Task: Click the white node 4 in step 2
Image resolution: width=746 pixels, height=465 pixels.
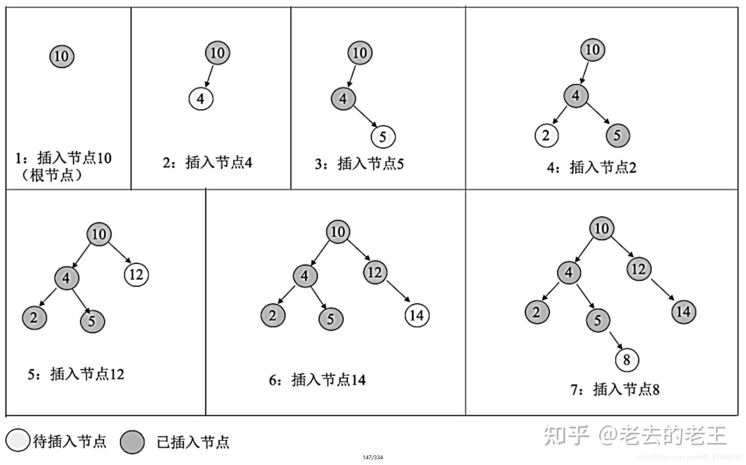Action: [201, 99]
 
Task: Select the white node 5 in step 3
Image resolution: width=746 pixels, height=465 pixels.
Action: [383, 137]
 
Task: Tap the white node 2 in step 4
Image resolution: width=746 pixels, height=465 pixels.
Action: [546, 135]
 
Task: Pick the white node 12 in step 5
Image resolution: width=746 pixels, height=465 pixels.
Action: [137, 274]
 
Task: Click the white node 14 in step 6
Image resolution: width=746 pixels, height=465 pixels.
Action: [417, 315]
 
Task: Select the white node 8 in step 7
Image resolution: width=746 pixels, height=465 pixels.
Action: [627, 360]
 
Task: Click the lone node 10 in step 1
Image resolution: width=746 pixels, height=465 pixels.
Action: [62, 56]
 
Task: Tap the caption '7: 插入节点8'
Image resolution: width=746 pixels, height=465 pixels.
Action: [615, 389]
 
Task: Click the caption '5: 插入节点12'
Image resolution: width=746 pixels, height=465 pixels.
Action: [76, 374]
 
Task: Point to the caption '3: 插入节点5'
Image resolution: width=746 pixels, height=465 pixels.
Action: [359, 164]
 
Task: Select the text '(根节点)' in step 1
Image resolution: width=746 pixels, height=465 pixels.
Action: [52, 175]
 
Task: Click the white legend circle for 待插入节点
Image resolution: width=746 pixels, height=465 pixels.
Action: [18, 441]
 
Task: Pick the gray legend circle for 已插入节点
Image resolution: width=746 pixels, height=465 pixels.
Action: [132, 442]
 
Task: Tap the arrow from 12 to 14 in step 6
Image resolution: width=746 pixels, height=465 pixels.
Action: [398, 291]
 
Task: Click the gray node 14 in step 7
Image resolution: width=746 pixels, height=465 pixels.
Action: [683, 311]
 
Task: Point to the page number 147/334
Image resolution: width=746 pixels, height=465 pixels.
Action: [373, 457]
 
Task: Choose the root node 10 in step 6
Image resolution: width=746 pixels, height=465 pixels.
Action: [338, 231]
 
